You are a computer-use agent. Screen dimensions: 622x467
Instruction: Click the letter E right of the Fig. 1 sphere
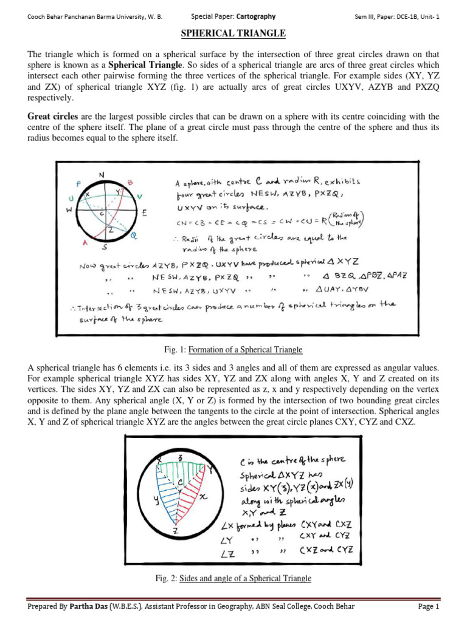(x=145, y=213)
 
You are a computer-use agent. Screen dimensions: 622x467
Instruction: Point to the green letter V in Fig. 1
(x=140, y=196)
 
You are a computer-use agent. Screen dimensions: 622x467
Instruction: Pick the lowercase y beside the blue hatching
(x=156, y=501)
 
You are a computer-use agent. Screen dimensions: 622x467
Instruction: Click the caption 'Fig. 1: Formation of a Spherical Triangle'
(x=233, y=350)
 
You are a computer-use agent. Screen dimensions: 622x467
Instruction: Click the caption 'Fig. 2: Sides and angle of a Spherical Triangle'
(x=233, y=578)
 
